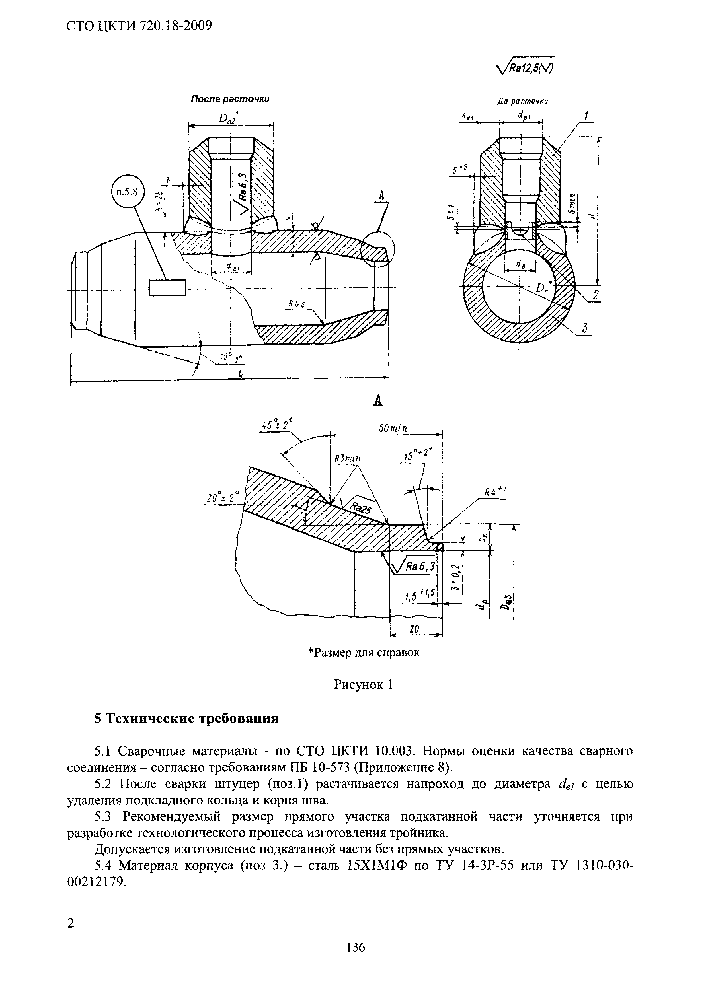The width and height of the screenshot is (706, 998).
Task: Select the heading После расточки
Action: coord(230,99)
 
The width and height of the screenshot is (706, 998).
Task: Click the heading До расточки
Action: coord(522,101)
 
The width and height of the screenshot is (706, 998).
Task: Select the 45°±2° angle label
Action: coord(276,425)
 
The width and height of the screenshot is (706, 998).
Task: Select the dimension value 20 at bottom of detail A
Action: coord(414,629)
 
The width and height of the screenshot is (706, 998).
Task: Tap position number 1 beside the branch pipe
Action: coord(586,116)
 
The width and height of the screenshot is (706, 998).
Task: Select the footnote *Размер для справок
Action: coord(364,653)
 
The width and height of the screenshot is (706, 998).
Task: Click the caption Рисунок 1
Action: coord(364,685)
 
